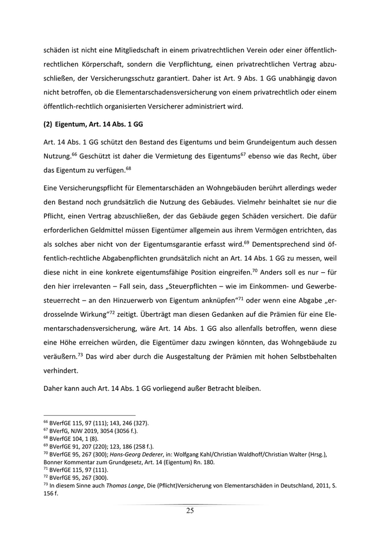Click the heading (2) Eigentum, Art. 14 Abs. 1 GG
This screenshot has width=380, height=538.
(x=93, y=124)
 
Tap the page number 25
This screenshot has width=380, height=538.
(x=190, y=510)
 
